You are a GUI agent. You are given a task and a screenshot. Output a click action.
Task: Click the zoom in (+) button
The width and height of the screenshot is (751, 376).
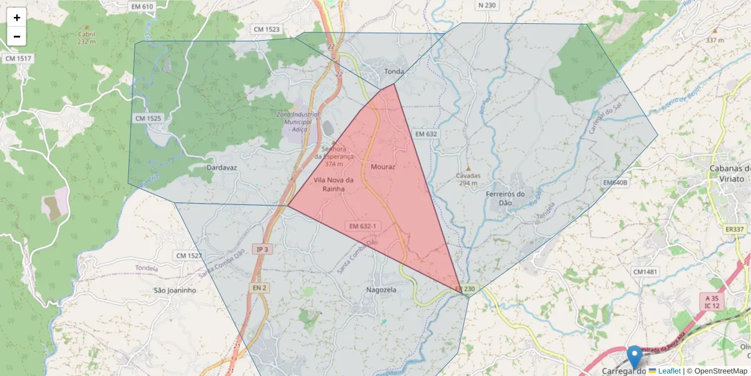pyautogui.click(x=17, y=18)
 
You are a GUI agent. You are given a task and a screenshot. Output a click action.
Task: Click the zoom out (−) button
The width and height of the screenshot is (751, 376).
pyautogui.click(x=17, y=36)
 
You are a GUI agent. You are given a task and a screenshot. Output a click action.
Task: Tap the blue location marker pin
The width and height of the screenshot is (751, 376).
pyautogui.click(x=635, y=357)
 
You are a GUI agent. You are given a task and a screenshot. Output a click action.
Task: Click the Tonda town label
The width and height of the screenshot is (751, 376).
pyautogui.click(x=394, y=71)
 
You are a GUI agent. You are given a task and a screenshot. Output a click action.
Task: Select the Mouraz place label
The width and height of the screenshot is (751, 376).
pyautogui.click(x=383, y=167)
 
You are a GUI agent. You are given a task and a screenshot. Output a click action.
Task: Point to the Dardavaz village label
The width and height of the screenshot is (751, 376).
pyautogui.click(x=222, y=168)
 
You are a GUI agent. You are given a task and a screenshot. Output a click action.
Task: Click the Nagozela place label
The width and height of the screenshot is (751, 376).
pyautogui.click(x=382, y=290)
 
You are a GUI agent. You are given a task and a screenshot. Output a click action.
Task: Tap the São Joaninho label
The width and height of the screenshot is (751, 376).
pyautogui.click(x=175, y=291)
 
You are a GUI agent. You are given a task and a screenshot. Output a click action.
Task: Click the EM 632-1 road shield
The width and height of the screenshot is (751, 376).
pyautogui.click(x=363, y=226)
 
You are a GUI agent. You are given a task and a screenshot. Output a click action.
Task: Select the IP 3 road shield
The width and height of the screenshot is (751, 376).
pyautogui.click(x=262, y=249)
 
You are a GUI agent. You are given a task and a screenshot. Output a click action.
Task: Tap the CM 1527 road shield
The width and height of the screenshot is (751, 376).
pyautogui.click(x=189, y=256)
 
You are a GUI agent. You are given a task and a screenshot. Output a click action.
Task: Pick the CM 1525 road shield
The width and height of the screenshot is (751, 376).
pyautogui.click(x=148, y=118)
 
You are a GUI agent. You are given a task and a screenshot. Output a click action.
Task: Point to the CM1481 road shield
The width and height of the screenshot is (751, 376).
pyautogui.click(x=645, y=271)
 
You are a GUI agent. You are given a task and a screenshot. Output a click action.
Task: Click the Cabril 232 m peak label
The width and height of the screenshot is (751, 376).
pyautogui.click(x=86, y=38)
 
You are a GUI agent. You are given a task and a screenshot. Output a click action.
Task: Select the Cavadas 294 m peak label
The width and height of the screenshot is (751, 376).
pyautogui.click(x=468, y=179)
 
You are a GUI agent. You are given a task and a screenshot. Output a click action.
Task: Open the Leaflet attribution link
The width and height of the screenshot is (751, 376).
pyautogui.click(x=669, y=371)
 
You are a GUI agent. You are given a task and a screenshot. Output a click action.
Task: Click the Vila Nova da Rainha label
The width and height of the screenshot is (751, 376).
pyautogui.click(x=334, y=184)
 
